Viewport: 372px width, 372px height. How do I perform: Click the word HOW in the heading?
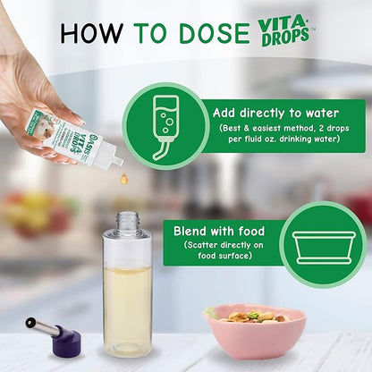pyautogui.click(x=92, y=32)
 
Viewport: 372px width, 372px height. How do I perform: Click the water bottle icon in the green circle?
pyautogui.click(x=167, y=126)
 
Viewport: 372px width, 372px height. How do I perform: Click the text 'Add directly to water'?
pyautogui.click(x=276, y=114)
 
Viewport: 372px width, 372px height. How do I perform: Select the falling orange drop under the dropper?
pyautogui.click(x=124, y=180)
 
